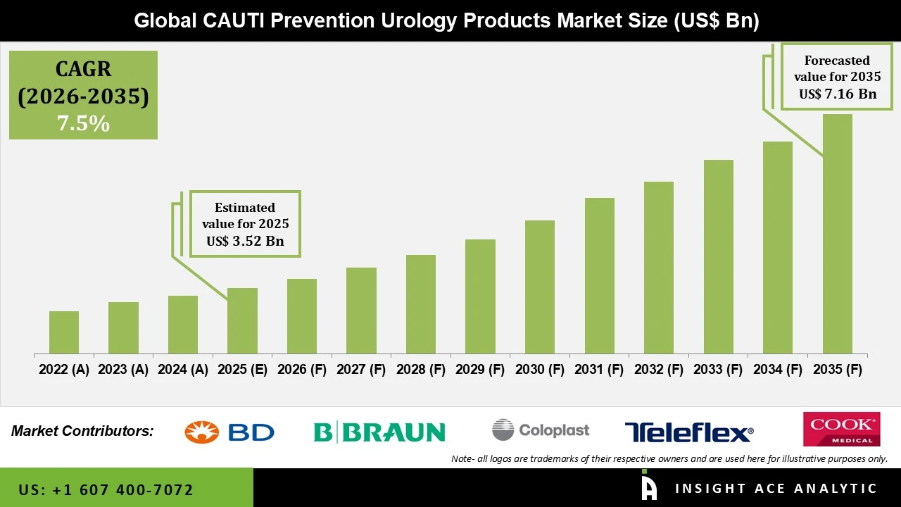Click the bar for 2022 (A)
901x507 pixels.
tap(64, 332)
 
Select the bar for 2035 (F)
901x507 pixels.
tap(837, 234)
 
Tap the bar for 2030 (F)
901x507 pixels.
tap(540, 287)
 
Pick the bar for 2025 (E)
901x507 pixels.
tap(242, 320)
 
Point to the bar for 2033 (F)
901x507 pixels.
tap(718, 257)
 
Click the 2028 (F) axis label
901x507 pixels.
tap(421, 370)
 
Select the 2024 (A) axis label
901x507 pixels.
tap(183, 370)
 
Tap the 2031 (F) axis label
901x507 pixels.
tap(599, 370)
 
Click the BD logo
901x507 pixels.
tap(229, 432)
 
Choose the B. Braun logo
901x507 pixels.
tap(379, 432)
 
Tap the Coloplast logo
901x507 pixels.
tap(541, 430)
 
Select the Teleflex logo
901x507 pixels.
tap(688, 432)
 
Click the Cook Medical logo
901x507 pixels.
tap(841, 429)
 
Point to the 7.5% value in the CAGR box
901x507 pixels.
tap(83, 124)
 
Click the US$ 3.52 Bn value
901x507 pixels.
tap(245, 242)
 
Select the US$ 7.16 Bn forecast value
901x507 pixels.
tap(837, 94)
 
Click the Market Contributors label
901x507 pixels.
tap(82, 431)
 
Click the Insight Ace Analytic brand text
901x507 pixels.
tap(776, 489)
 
